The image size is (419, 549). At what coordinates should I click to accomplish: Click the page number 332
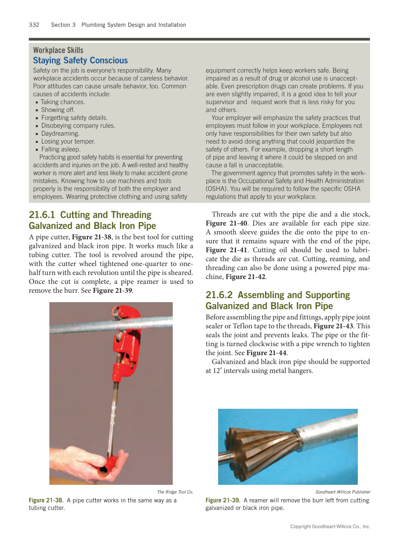click(34, 25)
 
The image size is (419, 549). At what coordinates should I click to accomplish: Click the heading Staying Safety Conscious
click(80, 60)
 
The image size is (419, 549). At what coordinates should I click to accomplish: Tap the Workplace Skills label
click(58, 50)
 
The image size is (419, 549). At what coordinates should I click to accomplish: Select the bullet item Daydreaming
click(60, 133)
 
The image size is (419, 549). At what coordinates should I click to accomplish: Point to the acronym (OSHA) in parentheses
click(217, 189)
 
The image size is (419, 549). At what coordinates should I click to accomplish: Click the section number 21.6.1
click(42, 215)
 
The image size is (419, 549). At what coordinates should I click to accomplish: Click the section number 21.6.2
click(220, 295)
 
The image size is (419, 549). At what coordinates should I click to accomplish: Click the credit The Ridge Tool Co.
click(175, 492)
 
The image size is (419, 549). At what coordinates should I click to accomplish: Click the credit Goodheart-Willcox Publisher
click(343, 492)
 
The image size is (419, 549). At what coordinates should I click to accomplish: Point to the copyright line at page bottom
click(330, 527)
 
